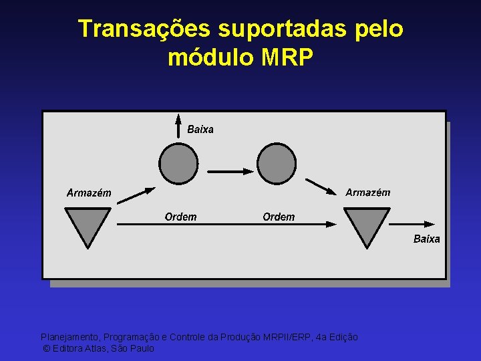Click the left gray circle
coord(179,164)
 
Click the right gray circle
coord(277,164)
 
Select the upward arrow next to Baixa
coord(178,127)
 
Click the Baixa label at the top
coord(200,130)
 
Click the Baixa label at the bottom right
coord(426,239)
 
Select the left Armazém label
coord(89,193)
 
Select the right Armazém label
coord(367,193)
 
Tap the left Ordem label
coord(180,217)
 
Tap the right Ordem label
coord(279,217)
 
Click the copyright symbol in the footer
coord(46,348)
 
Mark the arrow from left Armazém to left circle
coord(136,194)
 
